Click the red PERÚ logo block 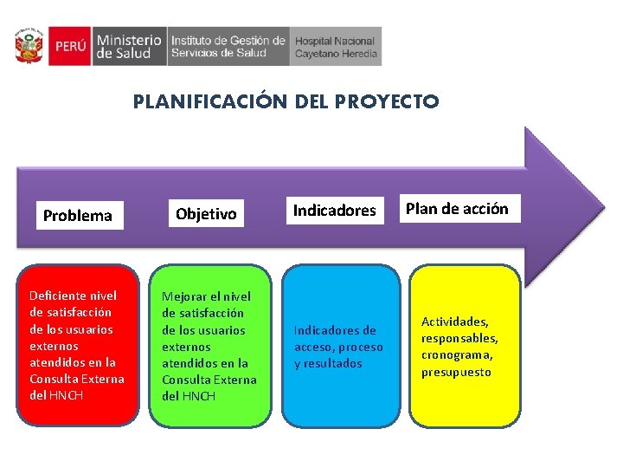[x=68, y=46]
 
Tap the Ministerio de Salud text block [x=129, y=46]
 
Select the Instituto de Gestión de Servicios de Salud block [x=228, y=46]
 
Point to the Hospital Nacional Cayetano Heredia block [x=336, y=46]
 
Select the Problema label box [x=78, y=215]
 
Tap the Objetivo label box [x=206, y=213]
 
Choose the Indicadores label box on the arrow [x=334, y=210]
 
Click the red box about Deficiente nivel [x=78, y=345]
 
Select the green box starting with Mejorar [x=209, y=346]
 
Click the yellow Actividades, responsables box [x=465, y=346]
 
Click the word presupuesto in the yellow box [x=456, y=372]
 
